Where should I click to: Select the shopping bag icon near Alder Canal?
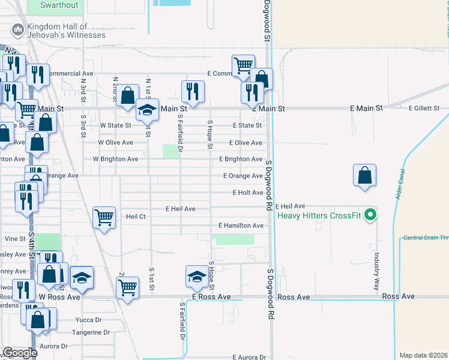pos(364,176)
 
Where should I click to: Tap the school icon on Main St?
pos(147,110)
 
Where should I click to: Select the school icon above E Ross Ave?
pos(196,277)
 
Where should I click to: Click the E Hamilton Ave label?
pos(241,226)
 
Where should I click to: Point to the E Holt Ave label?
pos(247,193)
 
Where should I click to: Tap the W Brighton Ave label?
pos(115,160)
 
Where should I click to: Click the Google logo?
pos(19,353)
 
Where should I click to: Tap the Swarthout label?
pos(59,5)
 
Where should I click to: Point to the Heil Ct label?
pos(136,216)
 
